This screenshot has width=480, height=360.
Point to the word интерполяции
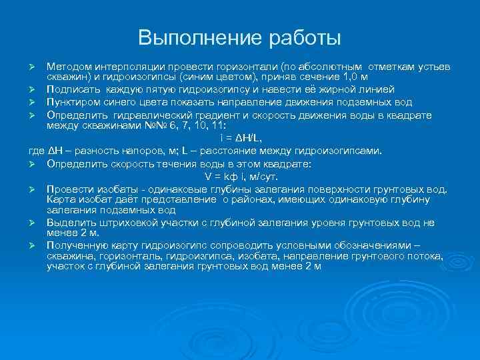[x=124, y=68]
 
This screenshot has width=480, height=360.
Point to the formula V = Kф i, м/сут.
[x=241, y=177]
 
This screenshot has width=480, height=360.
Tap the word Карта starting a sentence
[x=61, y=199]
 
